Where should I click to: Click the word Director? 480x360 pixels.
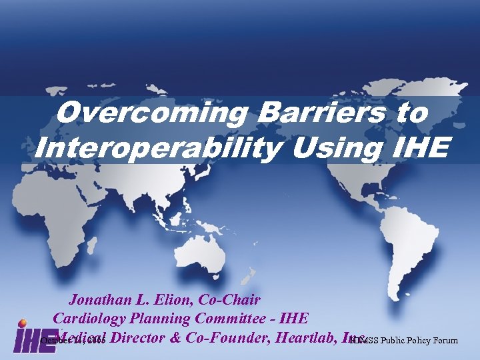[x=139, y=337]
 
